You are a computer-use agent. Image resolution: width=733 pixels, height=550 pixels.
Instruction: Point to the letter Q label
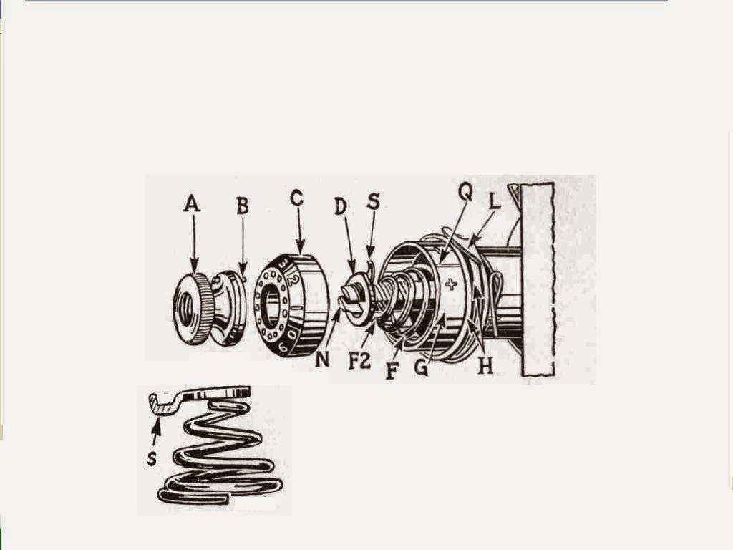[465, 193]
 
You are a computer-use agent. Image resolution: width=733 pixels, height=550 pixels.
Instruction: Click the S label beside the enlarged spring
[152, 459]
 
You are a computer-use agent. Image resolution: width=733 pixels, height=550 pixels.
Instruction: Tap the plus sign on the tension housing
[450, 284]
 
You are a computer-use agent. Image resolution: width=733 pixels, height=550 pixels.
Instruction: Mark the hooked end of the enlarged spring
[158, 402]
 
